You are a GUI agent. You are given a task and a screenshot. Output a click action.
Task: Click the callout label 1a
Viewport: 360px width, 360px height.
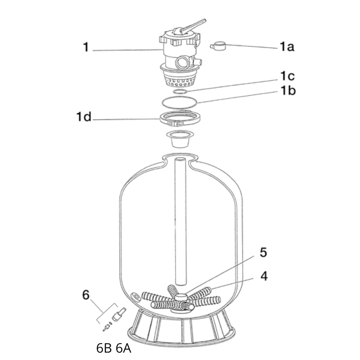[x=287, y=47]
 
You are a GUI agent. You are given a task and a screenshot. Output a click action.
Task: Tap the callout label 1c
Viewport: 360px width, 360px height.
[x=288, y=76]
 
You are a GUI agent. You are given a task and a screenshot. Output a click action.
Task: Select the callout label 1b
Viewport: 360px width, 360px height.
[x=288, y=90]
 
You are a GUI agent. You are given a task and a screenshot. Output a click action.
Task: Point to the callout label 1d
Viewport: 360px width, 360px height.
[x=84, y=117]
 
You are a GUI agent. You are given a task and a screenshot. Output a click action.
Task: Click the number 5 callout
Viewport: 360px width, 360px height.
[x=263, y=252]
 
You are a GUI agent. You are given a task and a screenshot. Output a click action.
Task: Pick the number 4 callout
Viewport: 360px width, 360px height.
[x=264, y=276]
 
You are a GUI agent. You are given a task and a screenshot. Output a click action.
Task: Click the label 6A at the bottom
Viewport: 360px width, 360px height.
[x=123, y=348]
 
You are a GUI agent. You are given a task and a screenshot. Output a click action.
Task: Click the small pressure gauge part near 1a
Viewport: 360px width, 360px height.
[x=218, y=46]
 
